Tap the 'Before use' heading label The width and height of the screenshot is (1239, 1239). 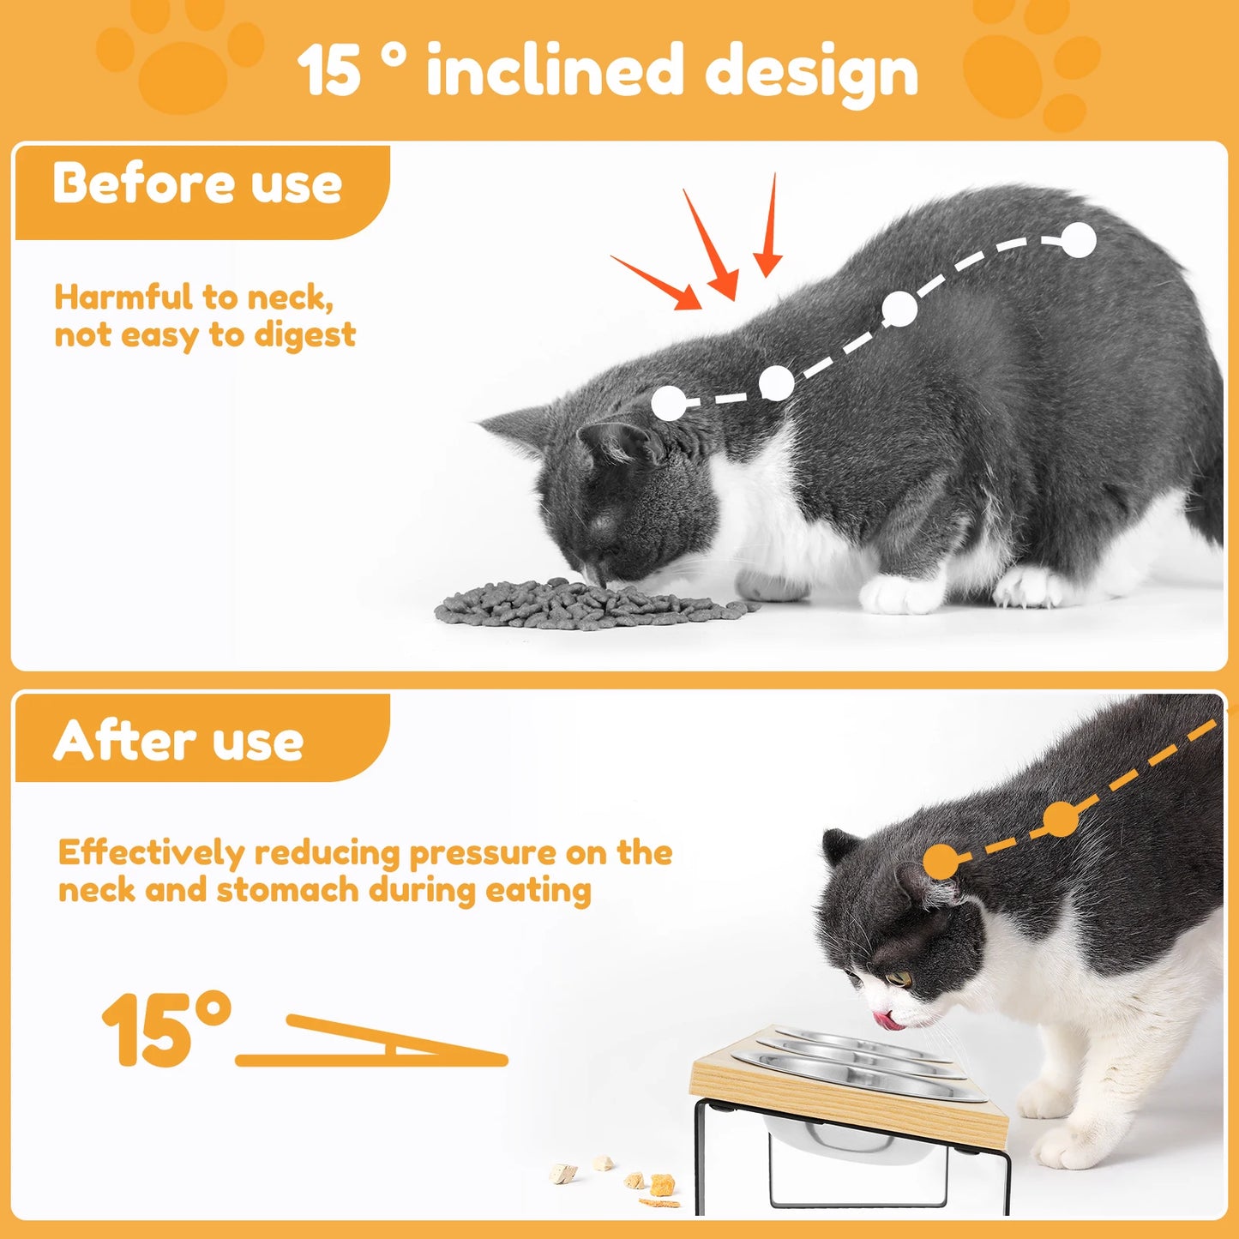[x=197, y=183]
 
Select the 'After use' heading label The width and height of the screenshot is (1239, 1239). [x=178, y=741]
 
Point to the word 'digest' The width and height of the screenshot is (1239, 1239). [x=305, y=334]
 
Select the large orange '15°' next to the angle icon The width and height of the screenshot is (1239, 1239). [x=166, y=1029]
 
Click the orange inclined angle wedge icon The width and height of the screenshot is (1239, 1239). [x=377, y=1042]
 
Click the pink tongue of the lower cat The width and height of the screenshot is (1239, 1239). [x=885, y=1020]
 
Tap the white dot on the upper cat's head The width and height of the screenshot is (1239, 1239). [x=669, y=403]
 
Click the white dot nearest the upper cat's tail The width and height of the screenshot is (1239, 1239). [x=1079, y=240]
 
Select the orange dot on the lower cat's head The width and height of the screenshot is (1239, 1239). [x=941, y=861]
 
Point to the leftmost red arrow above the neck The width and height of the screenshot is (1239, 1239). [x=657, y=281]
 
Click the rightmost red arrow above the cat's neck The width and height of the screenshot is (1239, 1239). [x=769, y=226]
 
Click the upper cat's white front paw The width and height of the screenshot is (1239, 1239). [x=900, y=592]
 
